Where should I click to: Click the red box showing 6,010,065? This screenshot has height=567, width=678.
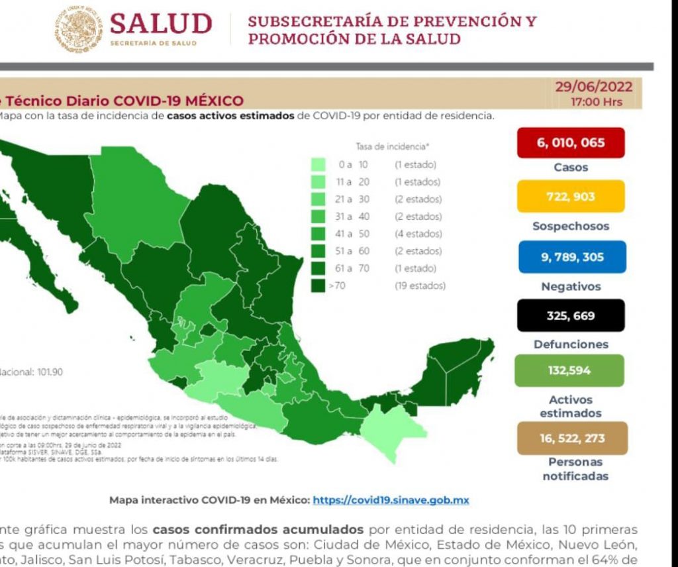[x=570, y=142]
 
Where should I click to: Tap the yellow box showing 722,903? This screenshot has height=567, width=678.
[x=570, y=196]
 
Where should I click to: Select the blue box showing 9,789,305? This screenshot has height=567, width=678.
[x=570, y=257]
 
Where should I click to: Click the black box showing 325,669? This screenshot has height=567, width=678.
[x=570, y=315]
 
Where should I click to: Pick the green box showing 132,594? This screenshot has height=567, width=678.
[x=570, y=370]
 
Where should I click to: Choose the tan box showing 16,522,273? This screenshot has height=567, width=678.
[x=570, y=438]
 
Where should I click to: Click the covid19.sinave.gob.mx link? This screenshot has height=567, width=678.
[x=391, y=500]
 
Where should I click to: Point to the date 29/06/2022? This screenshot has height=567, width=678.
[x=594, y=87]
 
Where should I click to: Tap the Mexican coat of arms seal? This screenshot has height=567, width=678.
[x=79, y=29]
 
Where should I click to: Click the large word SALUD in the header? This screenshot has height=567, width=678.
[x=161, y=24]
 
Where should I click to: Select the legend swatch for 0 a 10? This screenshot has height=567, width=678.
[x=318, y=165]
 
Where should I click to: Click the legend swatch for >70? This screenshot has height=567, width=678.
[x=318, y=285]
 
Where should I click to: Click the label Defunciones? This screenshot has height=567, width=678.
[x=570, y=344]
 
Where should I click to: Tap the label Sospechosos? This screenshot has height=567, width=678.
[x=570, y=226]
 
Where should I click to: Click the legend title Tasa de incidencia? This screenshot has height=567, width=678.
[x=391, y=146]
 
